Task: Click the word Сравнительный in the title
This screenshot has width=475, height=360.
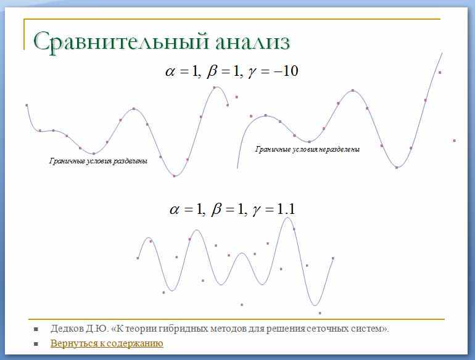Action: point(121,42)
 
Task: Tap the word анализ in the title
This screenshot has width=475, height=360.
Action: point(253,42)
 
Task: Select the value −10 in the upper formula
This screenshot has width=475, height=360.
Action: point(285,72)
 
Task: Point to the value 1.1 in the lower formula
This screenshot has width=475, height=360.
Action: point(286,209)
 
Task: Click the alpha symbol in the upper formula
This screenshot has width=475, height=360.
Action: point(170,72)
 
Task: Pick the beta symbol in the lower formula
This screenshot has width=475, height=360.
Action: point(217,209)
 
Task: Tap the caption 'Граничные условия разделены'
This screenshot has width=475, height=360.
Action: point(98,161)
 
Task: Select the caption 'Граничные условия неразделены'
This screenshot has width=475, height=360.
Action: point(307,149)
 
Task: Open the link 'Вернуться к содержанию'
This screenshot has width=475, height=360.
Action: point(107,343)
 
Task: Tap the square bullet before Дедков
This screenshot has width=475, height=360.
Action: point(36,329)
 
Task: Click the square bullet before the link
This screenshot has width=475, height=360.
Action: point(36,344)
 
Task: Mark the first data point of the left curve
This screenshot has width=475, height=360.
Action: point(27,105)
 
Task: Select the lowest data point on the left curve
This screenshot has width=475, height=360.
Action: point(174,176)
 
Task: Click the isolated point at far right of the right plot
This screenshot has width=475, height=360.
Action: point(455,141)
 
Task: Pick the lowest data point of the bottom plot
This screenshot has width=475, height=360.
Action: point(320,313)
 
